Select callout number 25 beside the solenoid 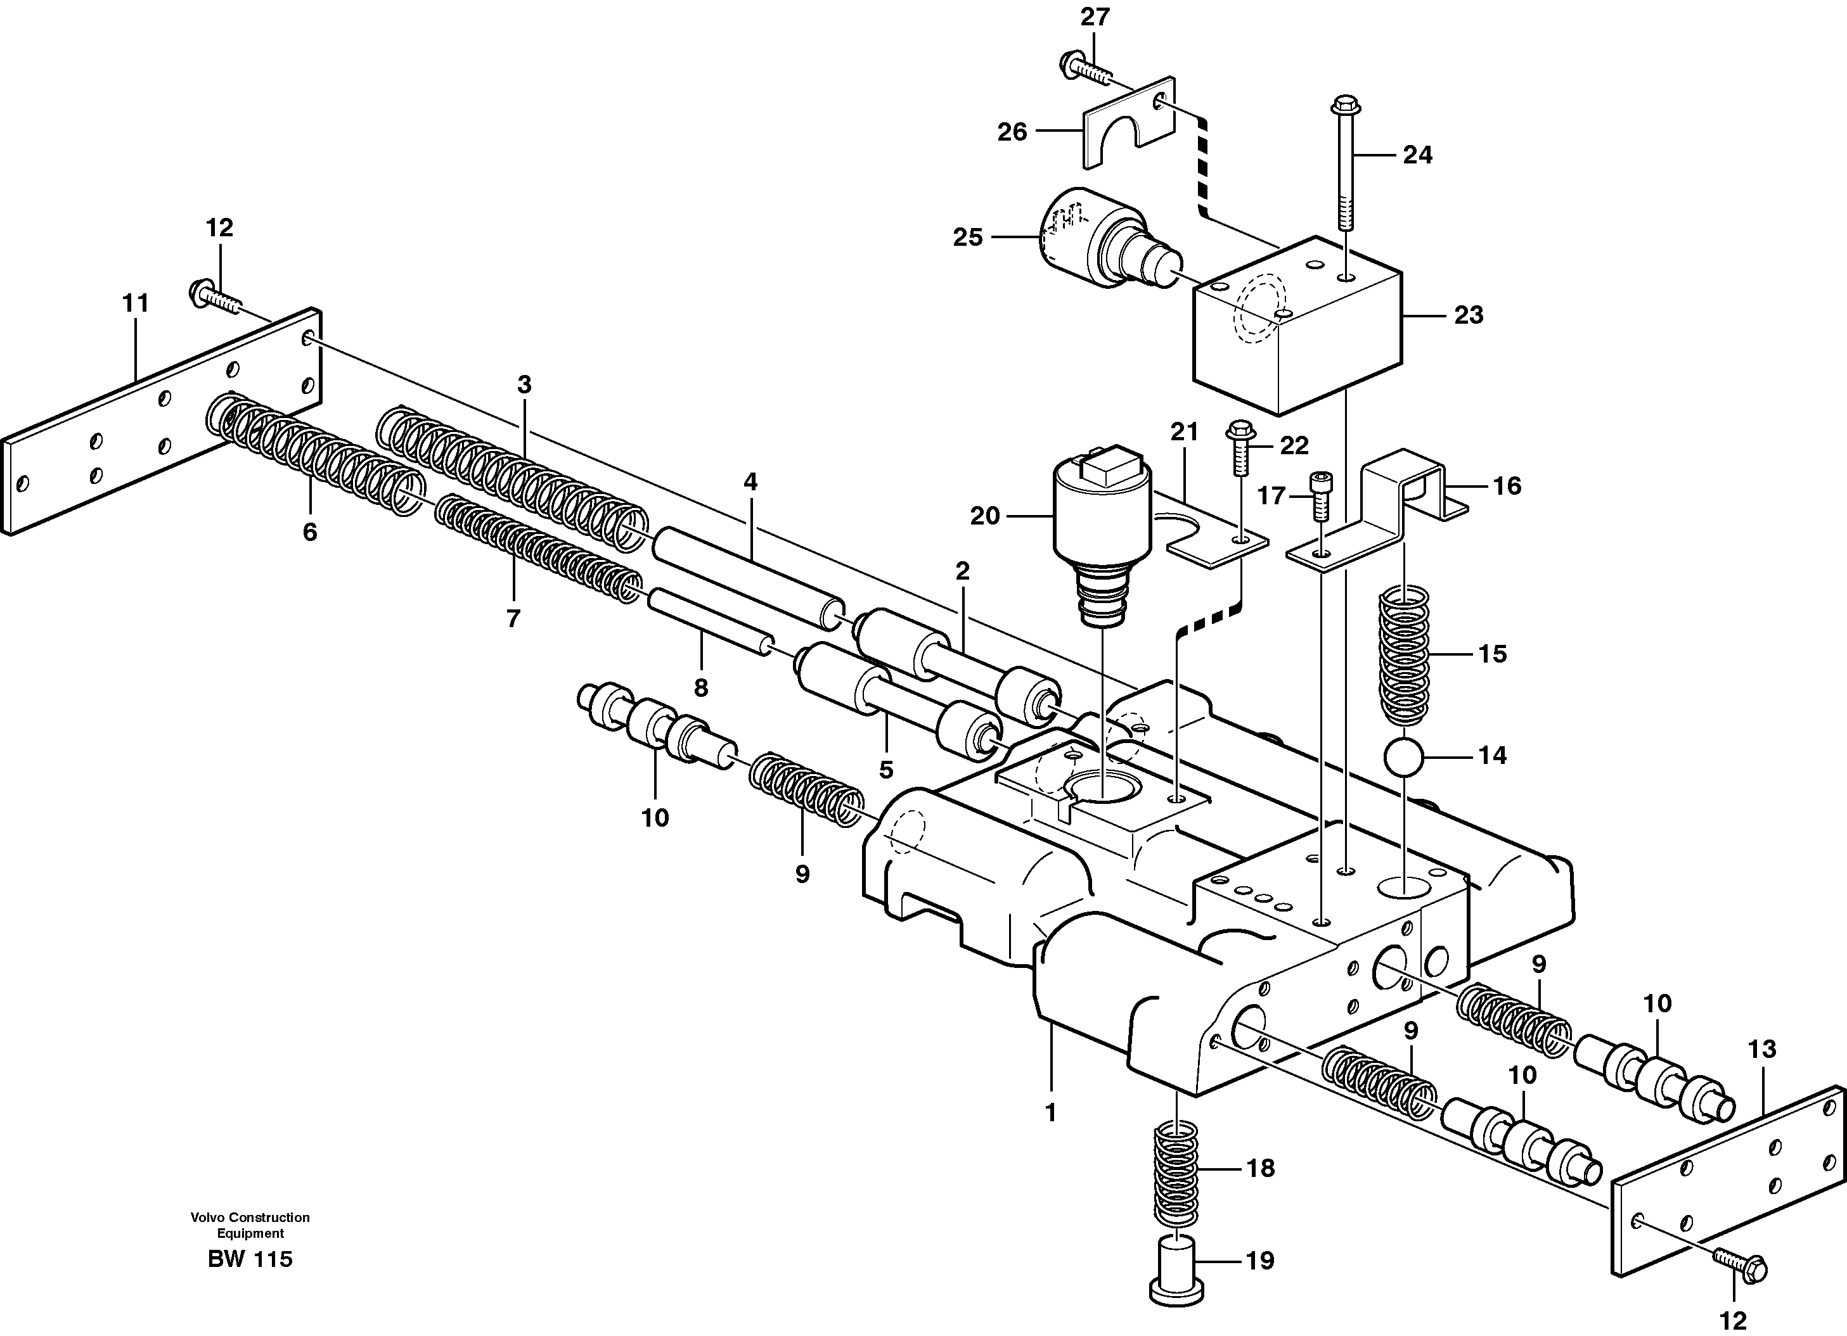pos(969,238)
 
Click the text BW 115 pos(249,1259)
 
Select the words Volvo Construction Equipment pos(249,1225)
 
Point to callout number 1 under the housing pos(1050,1112)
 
